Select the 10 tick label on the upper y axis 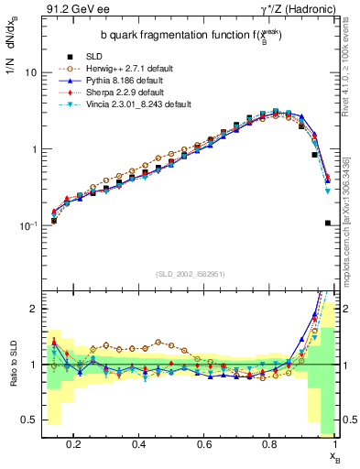30,71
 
